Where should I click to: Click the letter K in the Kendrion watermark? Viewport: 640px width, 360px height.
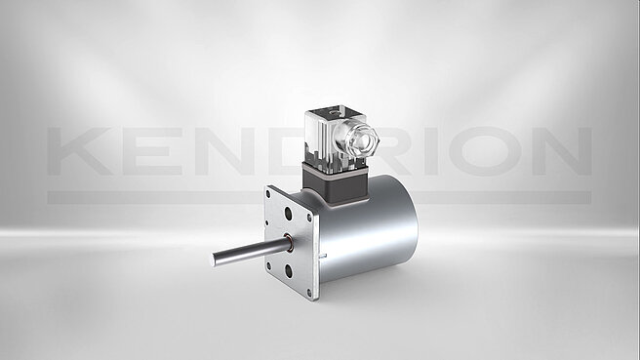pyautogui.click(x=80, y=151)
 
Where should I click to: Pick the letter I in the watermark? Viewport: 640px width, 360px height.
pyautogui.click(x=432, y=151)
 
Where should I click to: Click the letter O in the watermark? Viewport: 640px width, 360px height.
pyautogui.click(x=487, y=151)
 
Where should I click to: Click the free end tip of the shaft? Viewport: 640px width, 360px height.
pyautogui.click(x=213, y=260)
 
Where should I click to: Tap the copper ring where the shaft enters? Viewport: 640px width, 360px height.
pyautogui.click(x=288, y=243)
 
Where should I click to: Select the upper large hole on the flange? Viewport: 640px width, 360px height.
pyautogui.click(x=288, y=214)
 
